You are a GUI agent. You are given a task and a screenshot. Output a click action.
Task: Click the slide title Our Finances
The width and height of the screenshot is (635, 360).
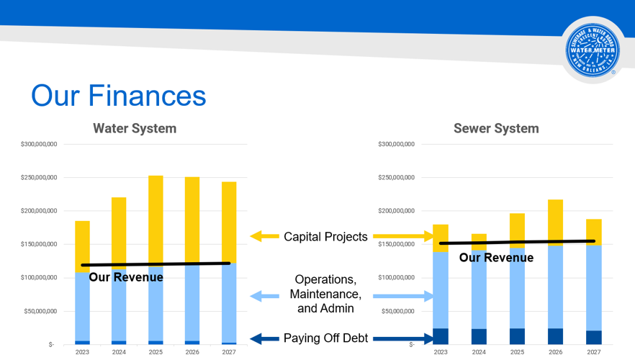click(x=118, y=96)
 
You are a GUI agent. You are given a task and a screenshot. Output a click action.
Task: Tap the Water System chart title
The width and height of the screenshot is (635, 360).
click(x=135, y=129)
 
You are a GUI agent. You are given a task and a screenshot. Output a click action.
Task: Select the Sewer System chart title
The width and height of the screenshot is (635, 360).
click(x=495, y=129)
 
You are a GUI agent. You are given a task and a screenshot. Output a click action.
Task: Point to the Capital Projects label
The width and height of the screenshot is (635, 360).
click(x=325, y=237)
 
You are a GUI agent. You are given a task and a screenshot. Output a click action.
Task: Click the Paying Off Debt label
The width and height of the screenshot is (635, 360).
click(x=325, y=338)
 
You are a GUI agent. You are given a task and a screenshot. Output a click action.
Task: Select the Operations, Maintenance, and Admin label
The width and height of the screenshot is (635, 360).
click(x=325, y=294)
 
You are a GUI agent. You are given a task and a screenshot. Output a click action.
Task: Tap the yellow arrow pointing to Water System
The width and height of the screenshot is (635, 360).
click(x=264, y=236)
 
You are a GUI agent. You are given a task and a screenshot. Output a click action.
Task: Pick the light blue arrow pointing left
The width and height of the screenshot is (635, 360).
click(x=264, y=296)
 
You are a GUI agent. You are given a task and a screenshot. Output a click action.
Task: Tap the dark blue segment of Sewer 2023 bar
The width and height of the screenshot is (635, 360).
click(x=441, y=336)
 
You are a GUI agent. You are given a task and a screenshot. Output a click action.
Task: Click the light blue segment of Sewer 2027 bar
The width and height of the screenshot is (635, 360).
click(x=593, y=288)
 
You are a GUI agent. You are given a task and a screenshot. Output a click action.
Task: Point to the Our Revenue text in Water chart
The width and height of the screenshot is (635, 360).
click(x=126, y=277)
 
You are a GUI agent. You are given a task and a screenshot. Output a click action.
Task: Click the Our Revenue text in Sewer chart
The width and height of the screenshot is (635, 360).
click(x=496, y=258)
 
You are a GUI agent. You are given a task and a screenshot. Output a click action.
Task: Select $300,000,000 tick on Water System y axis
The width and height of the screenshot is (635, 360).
click(x=39, y=145)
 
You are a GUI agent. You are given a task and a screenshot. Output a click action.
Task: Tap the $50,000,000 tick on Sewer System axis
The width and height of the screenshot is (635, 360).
click(x=397, y=311)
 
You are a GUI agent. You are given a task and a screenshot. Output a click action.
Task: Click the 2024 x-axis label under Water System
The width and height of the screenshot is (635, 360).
click(x=119, y=353)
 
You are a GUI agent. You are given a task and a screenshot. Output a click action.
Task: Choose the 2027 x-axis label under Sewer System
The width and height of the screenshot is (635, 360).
click(x=593, y=353)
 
